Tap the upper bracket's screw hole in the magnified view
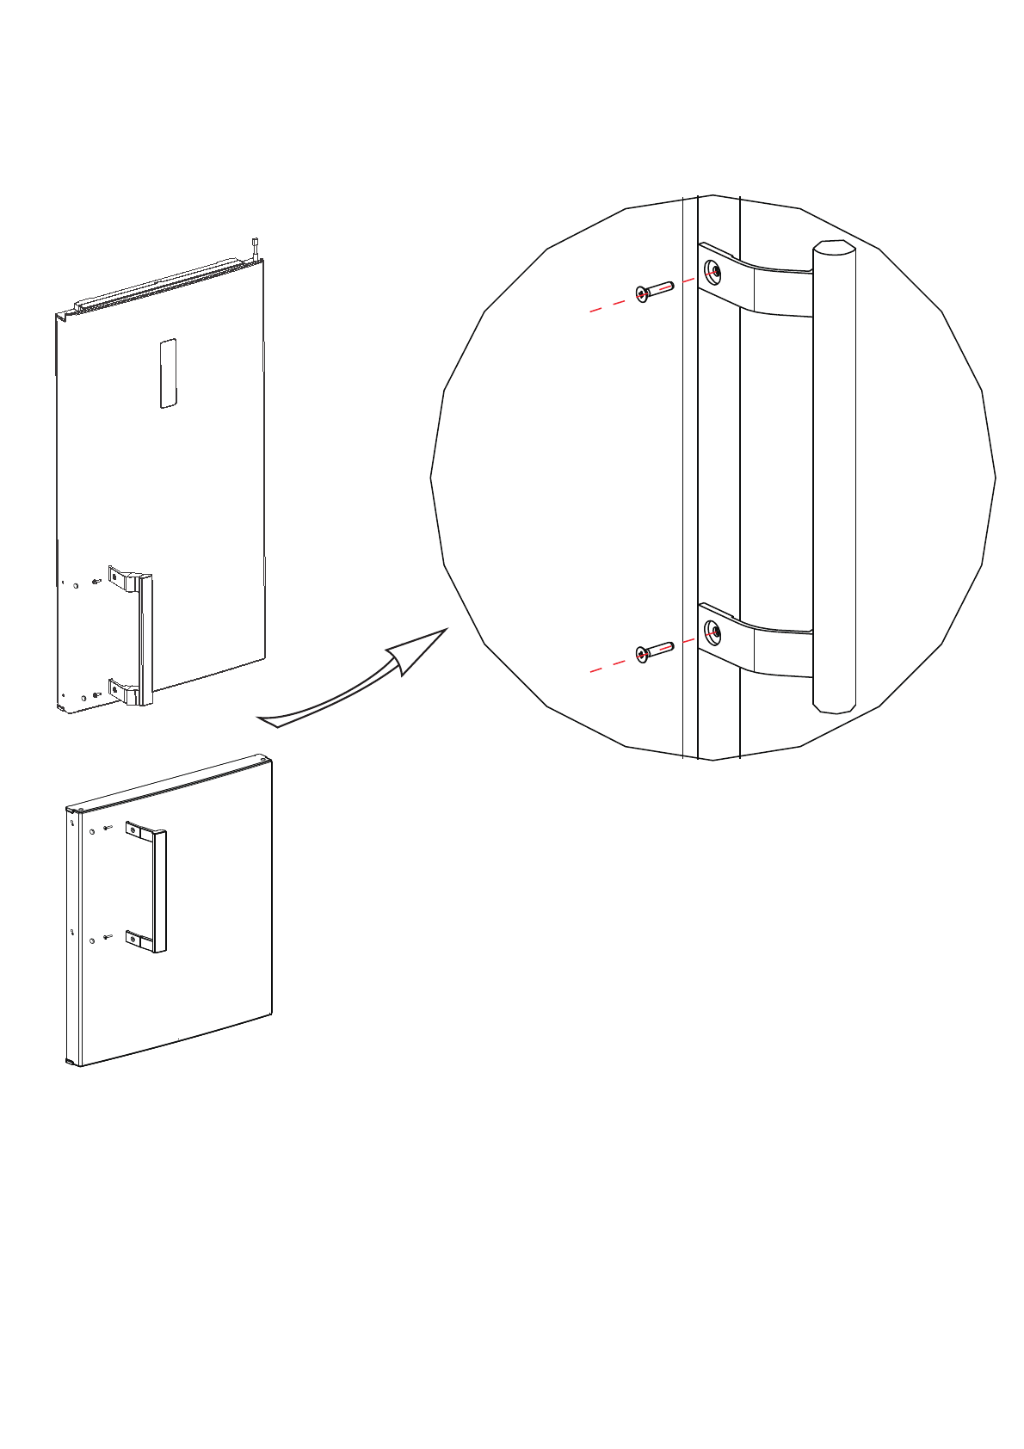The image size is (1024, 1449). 714,272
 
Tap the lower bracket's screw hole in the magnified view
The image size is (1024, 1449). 714,633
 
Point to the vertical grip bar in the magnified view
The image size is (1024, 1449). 834,478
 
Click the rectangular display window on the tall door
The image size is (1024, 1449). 168,373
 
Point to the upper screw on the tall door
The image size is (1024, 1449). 96,583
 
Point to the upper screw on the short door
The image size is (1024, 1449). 107,828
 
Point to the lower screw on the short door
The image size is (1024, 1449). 107,937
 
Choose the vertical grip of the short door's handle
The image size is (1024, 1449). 160,891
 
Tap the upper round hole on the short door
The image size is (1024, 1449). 92,832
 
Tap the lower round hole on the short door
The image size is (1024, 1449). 92,941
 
